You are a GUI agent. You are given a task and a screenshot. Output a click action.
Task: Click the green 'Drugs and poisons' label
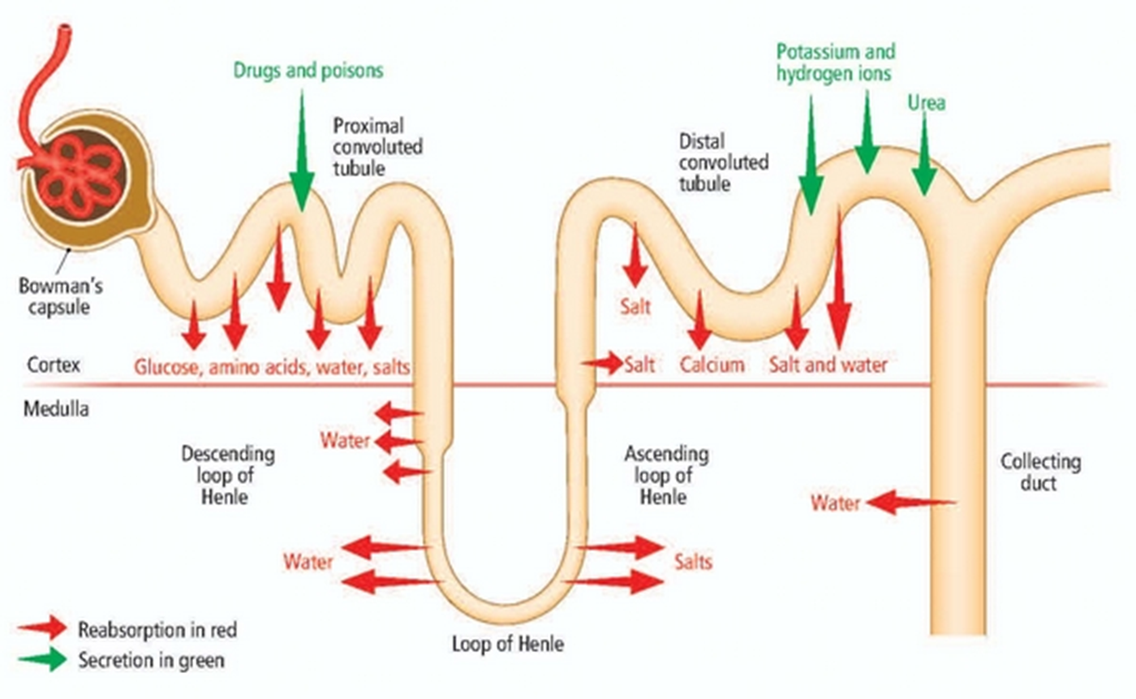pos(308,71)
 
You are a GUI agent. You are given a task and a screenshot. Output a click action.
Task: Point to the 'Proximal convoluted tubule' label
pos(378,147)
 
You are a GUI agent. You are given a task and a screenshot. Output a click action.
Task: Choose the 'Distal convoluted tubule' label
pos(724,162)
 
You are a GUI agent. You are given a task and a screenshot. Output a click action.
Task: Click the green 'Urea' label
pos(927,103)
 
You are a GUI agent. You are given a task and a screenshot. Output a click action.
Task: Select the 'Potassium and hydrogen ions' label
pos(835,63)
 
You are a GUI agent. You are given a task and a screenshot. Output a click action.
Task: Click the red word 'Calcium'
pos(712,365)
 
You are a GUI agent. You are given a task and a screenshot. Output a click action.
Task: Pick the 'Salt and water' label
pos(828,365)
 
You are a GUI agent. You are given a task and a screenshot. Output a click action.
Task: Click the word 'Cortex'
pos(54,365)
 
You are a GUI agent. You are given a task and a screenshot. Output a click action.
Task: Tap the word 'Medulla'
pos(56,409)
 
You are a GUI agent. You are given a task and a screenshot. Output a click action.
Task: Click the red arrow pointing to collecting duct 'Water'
pos(909,503)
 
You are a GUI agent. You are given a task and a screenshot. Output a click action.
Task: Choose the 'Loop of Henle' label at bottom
pos(508,645)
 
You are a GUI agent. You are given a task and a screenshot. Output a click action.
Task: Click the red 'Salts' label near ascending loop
pos(693,561)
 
